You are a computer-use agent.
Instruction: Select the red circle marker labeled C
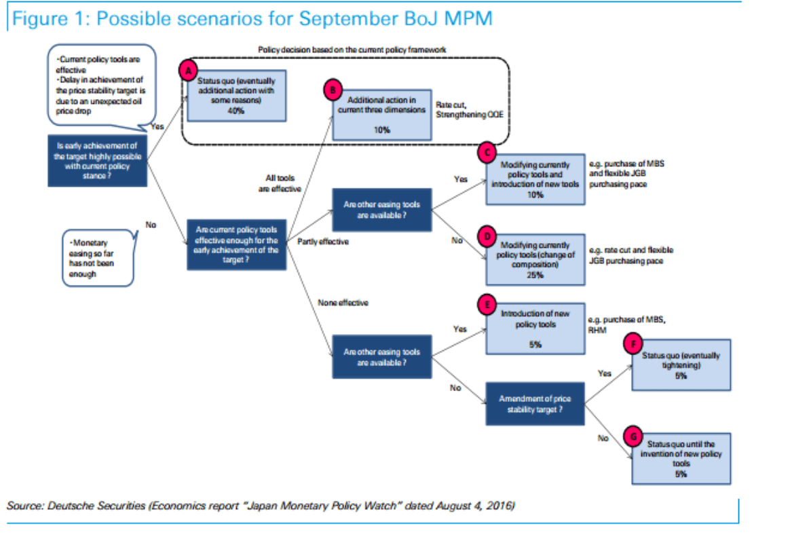[x=487, y=153]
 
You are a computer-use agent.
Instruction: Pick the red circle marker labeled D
[x=487, y=234]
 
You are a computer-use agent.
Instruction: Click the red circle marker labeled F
[x=633, y=344]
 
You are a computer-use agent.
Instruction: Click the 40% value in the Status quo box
[x=236, y=111]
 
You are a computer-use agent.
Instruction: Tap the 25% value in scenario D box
[x=535, y=274]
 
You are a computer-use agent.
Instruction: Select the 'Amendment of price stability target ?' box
[x=535, y=404]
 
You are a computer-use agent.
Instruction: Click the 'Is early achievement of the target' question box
[x=98, y=160]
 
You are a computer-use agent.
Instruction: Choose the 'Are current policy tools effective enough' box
[x=236, y=244]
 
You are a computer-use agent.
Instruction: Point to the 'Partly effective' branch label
[x=323, y=242]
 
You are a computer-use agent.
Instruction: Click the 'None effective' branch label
[x=343, y=303]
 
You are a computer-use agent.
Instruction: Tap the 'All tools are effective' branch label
[x=280, y=183]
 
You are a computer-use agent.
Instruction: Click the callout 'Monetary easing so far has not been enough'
[x=98, y=258]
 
